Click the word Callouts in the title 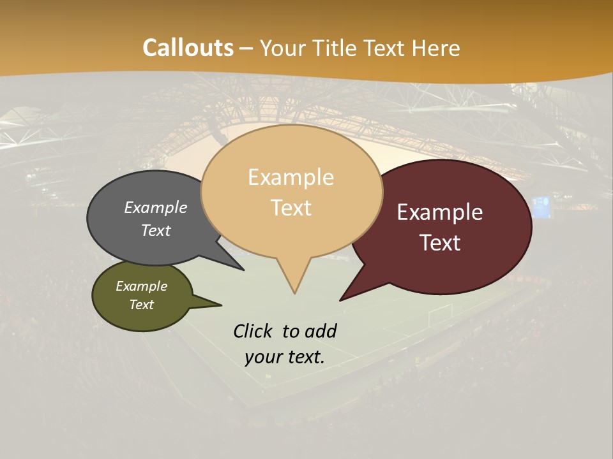[x=188, y=48]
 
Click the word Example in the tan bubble [x=291, y=177]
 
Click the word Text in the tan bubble [x=291, y=208]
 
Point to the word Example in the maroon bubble [x=440, y=212]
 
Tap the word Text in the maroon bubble [x=441, y=243]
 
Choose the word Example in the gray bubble [x=156, y=207]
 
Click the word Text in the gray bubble [x=156, y=230]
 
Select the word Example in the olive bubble [x=142, y=286]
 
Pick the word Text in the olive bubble [x=142, y=305]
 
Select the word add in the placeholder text [x=320, y=331]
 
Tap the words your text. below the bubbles [x=285, y=357]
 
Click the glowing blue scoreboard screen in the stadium [x=540, y=208]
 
